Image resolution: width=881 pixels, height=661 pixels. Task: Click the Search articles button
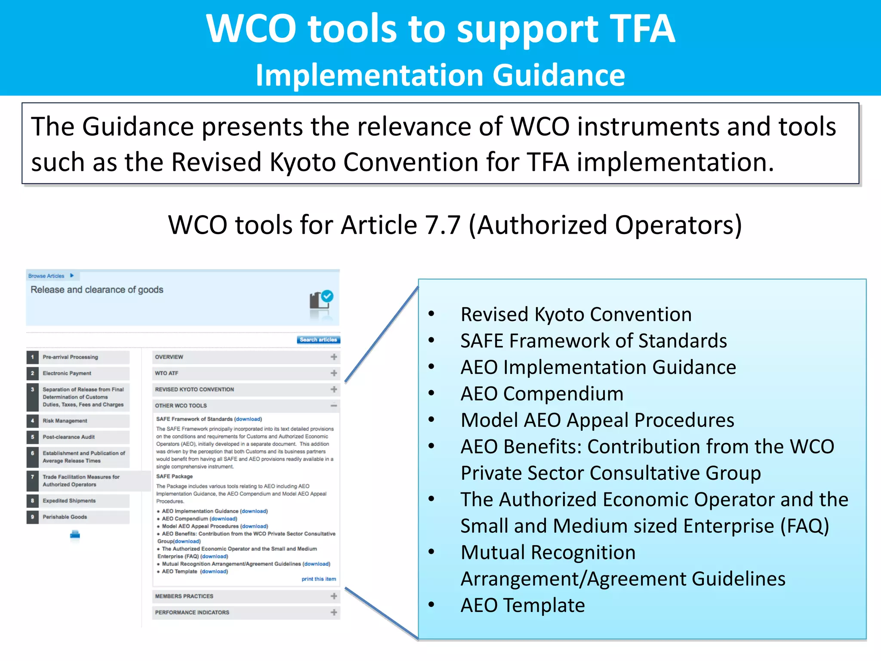318,340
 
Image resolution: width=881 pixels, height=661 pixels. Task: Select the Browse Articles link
46,276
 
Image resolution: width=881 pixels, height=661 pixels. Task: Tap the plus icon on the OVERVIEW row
334,357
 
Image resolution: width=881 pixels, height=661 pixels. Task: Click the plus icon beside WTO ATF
334,373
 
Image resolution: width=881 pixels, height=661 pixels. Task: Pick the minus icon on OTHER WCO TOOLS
334,405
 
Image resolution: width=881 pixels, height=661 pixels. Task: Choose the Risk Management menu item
65,421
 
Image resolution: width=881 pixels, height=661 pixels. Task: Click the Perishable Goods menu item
65,517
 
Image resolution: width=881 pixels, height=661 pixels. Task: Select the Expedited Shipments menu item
69,501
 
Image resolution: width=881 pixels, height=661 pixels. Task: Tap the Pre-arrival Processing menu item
71,357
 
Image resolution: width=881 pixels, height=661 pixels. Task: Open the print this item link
319,579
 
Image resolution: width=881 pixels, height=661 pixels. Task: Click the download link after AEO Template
214,571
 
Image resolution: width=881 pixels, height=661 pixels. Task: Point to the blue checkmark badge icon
328,296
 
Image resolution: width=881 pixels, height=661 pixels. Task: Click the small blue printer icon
75,535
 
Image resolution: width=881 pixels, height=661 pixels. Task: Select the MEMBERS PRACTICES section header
184,596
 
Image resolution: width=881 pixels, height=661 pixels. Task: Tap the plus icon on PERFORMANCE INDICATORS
334,612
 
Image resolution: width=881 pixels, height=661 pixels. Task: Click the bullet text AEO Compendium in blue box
542,394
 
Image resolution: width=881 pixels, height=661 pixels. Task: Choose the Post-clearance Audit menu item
69,437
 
